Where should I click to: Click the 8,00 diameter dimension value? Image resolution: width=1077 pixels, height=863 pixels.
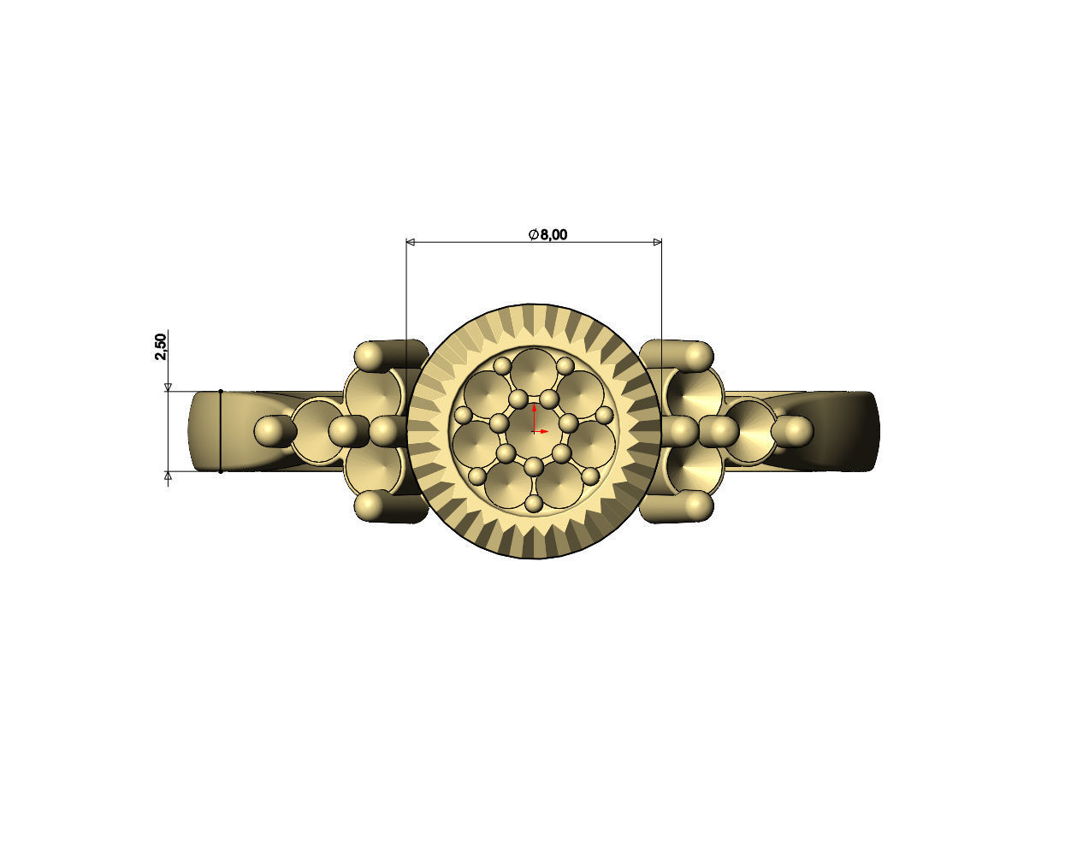pyautogui.click(x=553, y=234)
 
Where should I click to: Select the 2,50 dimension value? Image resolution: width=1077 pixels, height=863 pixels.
pyautogui.click(x=161, y=346)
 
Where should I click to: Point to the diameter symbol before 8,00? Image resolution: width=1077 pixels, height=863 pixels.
pyautogui.click(x=533, y=234)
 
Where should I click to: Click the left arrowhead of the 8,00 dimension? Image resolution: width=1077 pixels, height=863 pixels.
pyautogui.click(x=411, y=242)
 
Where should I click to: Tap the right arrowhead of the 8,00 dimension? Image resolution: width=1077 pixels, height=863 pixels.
pyautogui.click(x=657, y=242)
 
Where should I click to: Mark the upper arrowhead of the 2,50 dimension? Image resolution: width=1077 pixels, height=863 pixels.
pyautogui.click(x=169, y=387)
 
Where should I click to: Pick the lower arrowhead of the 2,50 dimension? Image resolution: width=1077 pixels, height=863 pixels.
pyautogui.click(x=169, y=476)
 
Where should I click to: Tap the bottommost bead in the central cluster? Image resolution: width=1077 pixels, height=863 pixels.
pyautogui.click(x=534, y=504)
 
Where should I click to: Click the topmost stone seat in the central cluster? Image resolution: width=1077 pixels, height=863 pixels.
pyautogui.click(x=535, y=369)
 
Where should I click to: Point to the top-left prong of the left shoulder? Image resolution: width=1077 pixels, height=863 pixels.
pyautogui.click(x=370, y=355)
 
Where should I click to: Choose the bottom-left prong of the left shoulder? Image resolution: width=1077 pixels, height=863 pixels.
pyautogui.click(x=370, y=506)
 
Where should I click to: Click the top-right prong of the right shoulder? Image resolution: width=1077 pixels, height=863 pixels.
pyautogui.click(x=697, y=354)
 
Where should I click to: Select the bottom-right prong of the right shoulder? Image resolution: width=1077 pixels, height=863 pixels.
pyautogui.click(x=697, y=505)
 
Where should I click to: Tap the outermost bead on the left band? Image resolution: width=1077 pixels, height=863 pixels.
pyautogui.click(x=269, y=430)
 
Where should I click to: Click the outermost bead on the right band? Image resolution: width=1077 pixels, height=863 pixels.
pyautogui.click(x=797, y=429)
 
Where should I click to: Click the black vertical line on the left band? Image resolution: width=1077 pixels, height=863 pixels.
pyautogui.click(x=221, y=430)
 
